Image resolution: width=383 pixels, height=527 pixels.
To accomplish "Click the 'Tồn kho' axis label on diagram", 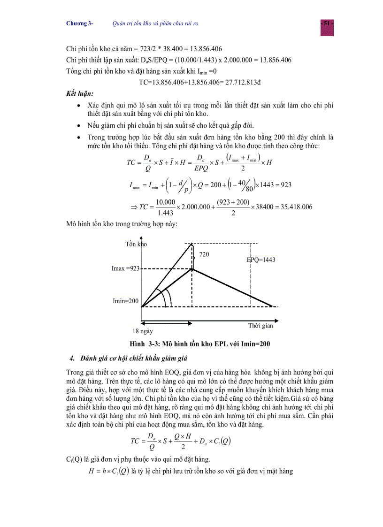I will pyautogui.click(x=136, y=244).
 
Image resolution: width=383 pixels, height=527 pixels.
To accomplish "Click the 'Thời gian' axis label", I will pyautogui.click(x=260, y=326).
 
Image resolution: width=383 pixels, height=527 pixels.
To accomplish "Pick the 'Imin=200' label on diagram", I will pyautogui.click(x=126, y=301).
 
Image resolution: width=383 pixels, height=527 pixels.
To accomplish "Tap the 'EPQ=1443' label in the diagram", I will pyautogui.click(x=261, y=260).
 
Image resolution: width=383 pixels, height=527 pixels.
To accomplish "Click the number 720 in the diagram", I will pyautogui.click(x=205, y=254).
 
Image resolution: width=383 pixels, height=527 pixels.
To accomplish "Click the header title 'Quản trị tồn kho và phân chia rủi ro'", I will pyautogui.click(x=159, y=23).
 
